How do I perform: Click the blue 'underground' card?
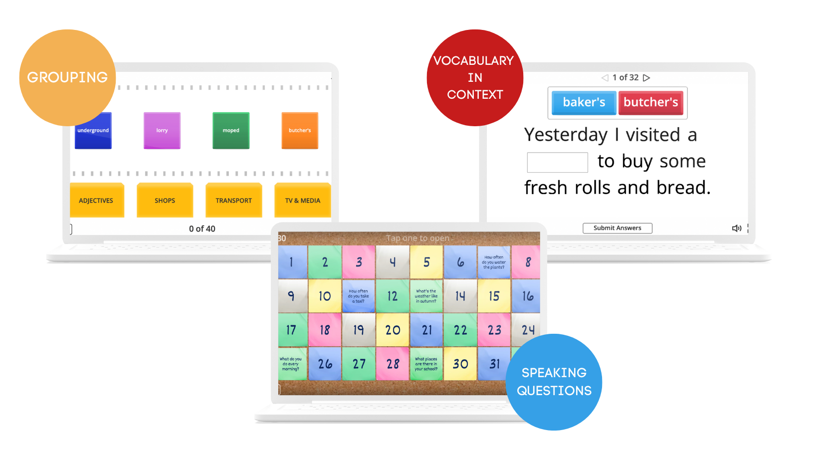[x=93, y=131]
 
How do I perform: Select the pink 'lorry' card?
[x=162, y=131]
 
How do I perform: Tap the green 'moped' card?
[x=231, y=131]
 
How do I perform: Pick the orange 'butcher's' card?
[x=300, y=131]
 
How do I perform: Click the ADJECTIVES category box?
[x=96, y=200]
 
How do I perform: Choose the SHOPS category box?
[x=165, y=200]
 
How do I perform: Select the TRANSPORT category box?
[x=234, y=200]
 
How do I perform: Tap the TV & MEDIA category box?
[x=303, y=200]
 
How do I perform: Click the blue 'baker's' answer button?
[x=584, y=102]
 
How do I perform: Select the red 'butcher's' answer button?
[x=651, y=102]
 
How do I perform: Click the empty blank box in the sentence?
[x=558, y=162]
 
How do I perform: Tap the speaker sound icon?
[x=737, y=228]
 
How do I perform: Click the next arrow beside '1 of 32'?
[x=647, y=78]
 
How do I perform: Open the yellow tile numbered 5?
[x=426, y=262]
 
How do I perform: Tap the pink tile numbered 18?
[x=325, y=330]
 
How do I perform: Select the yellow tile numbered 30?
[x=460, y=364]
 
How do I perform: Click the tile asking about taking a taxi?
[x=359, y=296]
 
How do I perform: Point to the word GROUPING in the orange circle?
[x=67, y=77]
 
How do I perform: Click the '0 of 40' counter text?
[x=202, y=229]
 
